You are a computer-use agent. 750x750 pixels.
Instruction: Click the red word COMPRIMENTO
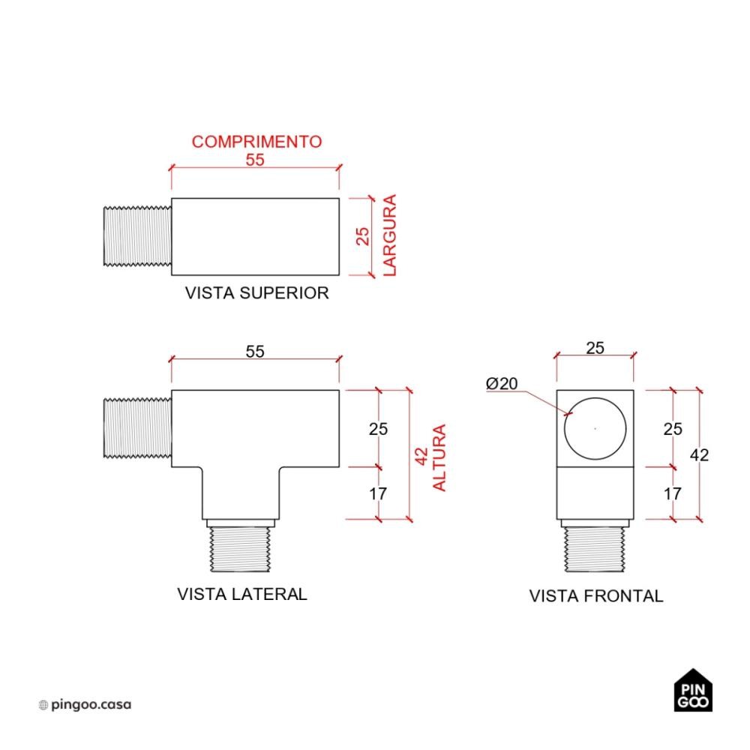tap(256, 142)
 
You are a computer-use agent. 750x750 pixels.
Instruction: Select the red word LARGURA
tap(390, 235)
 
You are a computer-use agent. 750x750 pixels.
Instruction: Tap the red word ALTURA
tap(439, 457)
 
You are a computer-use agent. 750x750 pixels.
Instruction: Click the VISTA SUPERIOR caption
tap(256, 292)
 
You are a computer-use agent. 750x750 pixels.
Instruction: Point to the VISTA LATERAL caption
tap(242, 594)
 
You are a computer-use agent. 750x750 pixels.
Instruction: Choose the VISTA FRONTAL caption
tap(596, 596)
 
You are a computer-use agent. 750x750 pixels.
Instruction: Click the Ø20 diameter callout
tap(501, 383)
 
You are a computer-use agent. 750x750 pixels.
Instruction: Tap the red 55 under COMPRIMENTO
tap(255, 160)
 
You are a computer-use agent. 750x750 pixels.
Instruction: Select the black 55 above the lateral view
tap(255, 352)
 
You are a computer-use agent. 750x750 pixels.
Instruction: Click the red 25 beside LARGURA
tap(362, 236)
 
